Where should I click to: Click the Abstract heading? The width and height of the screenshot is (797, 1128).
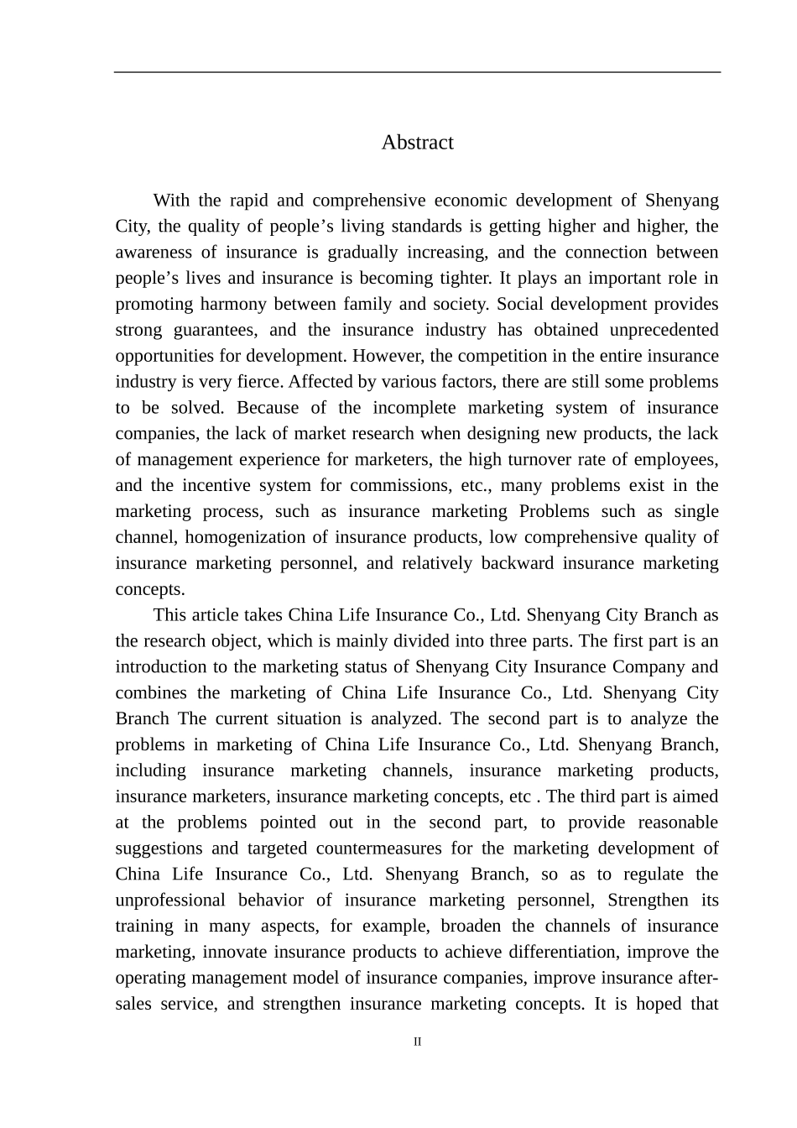point(417,142)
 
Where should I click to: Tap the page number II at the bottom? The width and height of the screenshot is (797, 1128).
point(417,1042)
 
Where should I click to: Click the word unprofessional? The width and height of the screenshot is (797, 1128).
point(170,901)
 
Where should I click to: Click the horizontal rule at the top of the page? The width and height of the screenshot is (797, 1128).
point(417,72)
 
